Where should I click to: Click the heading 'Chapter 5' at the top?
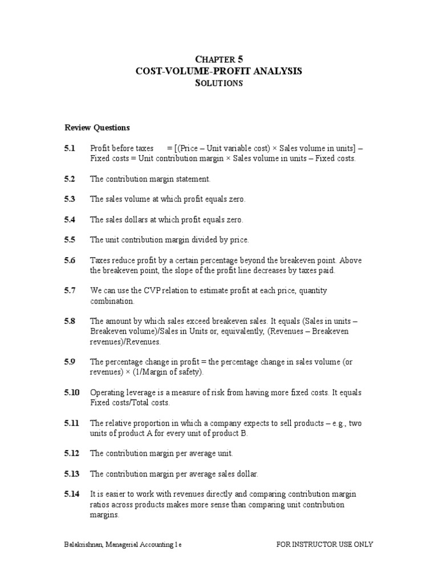pyautogui.click(x=218, y=59)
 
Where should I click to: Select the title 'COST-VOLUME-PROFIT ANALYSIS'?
pyautogui.click(x=218, y=71)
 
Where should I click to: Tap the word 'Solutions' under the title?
pyautogui.click(x=218, y=83)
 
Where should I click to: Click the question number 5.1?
pyautogui.click(x=70, y=148)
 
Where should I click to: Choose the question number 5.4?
pyautogui.click(x=70, y=220)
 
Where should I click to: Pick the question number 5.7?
pyautogui.click(x=70, y=291)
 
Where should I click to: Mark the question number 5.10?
pyautogui.click(x=72, y=393)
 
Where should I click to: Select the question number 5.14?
pyautogui.click(x=72, y=494)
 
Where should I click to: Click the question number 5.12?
pyautogui.click(x=72, y=453)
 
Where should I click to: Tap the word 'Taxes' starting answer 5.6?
pyautogui.click(x=99, y=261)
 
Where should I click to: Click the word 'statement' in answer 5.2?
pyautogui.click(x=194, y=179)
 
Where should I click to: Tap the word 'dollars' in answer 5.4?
pyautogui.click(x=138, y=220)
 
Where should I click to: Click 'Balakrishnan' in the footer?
pyautogui.click(x=85, y=545)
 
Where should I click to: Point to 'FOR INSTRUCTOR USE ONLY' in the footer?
pyautogui.click(x=325, y=545)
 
